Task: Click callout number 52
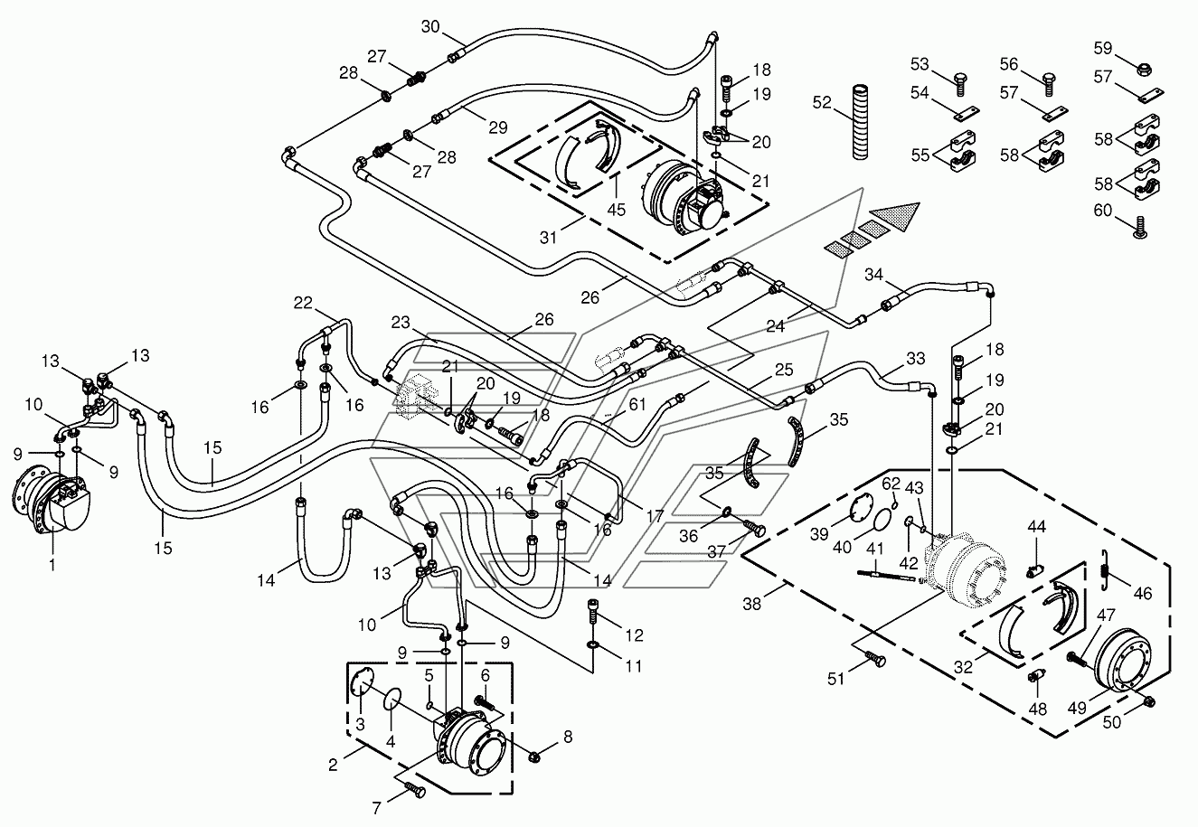click(822, 102)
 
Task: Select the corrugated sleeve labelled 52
click(860, 121)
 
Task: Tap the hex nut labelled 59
click(1144, 70)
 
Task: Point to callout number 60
click(1103, 211)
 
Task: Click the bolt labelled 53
click(960, 84)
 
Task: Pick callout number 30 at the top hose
click(430, 27)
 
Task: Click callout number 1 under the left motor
click(52, 565)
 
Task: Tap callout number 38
click(751, 604)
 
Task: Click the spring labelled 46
click(1105, 570)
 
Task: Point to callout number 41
click(875, 549)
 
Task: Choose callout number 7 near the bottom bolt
click(376, 808)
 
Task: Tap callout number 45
click(616, 210)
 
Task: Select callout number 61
click(637, 405)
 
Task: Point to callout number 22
click(303, 303)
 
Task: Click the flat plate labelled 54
click(967, 113)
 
